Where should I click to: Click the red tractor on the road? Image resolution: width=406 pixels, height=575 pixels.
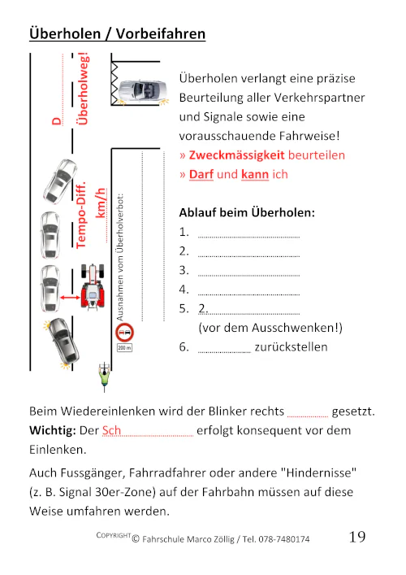[x=95, y=286]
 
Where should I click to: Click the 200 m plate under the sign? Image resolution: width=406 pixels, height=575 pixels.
[x=124, y=347]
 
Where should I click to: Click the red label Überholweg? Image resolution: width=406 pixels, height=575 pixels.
[x=82, y=89]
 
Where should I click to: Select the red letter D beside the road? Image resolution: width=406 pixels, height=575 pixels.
[x=57, y=121]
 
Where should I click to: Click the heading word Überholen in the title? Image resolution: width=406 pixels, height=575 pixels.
[x=63, y=33]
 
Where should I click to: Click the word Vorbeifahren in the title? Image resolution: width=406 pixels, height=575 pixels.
[x=161, y=33]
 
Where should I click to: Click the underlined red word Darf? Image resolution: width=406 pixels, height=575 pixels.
[x=201, y=174]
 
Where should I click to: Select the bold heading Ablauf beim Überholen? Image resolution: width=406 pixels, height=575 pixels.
[x=246, y=213]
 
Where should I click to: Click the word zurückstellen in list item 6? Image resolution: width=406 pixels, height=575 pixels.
[x=291, y=347]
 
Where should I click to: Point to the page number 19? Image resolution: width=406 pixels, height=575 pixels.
[x=357, y=538]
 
